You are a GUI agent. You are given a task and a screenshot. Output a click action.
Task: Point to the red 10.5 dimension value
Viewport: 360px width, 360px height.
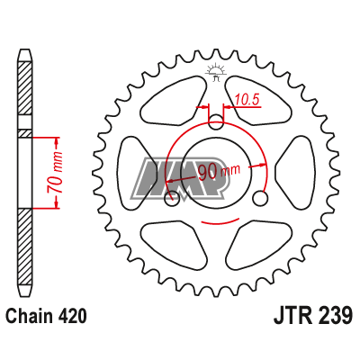click(247, 100)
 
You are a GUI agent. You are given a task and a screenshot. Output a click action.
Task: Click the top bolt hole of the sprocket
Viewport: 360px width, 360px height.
click(217, 122)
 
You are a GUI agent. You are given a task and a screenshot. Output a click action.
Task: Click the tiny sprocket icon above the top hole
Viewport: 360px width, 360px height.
click(216, 72)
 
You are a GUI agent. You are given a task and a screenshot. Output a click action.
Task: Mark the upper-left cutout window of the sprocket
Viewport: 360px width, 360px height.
click(170, 102)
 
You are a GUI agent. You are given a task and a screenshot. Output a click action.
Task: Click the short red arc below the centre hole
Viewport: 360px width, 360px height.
click(217, 220)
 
